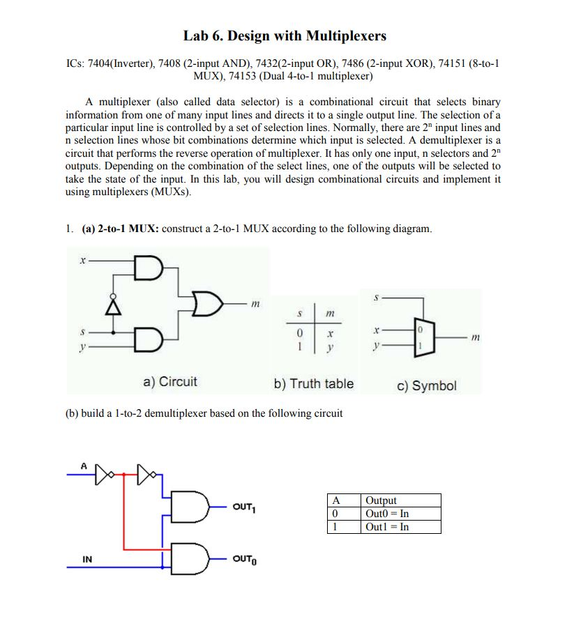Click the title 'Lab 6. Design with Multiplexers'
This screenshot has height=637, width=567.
(x=285, y=36)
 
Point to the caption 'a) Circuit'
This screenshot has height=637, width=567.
(x=169, y=382)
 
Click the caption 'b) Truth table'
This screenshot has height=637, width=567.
(x=313, y=383)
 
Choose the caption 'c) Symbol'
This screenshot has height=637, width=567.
(x=427, y=385)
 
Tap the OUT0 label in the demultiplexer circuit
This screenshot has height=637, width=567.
(x=244, y=559)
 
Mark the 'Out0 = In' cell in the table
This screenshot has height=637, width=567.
(x=387, y=514)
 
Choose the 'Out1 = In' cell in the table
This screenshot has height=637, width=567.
(x=387, y=526)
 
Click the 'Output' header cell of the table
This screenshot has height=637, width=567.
(x=381, y=500)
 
